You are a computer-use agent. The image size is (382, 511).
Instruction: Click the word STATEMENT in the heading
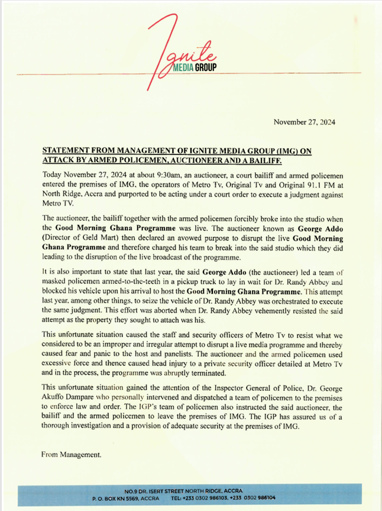point(66,151)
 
